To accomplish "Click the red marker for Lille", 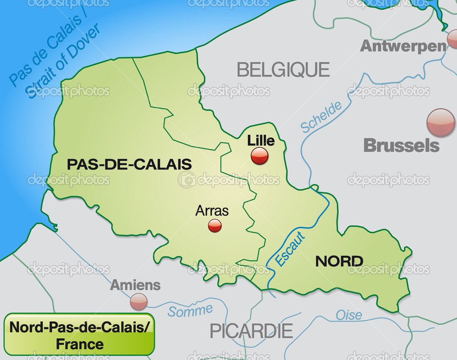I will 259,156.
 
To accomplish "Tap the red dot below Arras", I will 215,225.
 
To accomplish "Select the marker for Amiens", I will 139,301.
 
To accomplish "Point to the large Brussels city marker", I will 440,122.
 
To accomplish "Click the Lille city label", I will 261,141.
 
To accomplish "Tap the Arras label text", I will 212,210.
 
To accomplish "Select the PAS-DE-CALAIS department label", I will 129,164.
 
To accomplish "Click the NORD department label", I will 339,261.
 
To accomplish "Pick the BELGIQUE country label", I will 283,70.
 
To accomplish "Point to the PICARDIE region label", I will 251,331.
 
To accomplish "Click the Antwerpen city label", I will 403,46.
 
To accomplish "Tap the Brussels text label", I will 401,146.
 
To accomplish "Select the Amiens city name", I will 135,285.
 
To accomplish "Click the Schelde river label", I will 321,117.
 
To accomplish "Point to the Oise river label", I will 349,315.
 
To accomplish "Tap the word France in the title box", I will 80,344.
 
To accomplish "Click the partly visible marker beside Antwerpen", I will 453,39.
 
